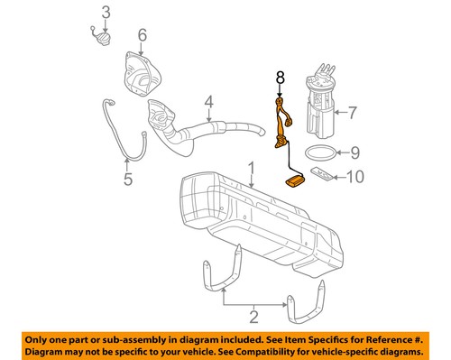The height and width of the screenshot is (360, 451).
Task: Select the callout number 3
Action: [x=106, y=13]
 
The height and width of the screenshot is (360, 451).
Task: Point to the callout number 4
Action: [x=207, y=103]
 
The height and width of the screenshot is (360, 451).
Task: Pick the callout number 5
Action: [x=127, y=178]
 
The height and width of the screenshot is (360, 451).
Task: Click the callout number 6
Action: [x=141, y=36]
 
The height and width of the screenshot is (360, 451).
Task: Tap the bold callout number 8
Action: [x=279, y=79]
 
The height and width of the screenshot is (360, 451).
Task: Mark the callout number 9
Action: [x=354, y=152]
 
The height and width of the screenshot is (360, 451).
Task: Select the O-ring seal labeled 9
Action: [x=320, y=152]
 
